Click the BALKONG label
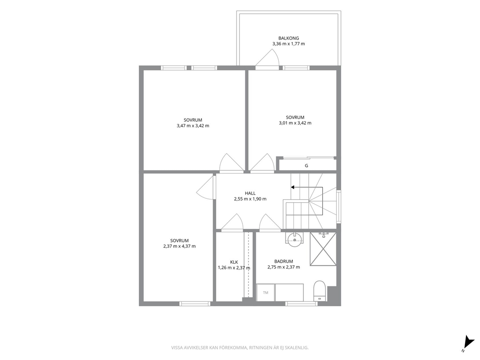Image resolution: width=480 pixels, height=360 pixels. (x=288, y=38)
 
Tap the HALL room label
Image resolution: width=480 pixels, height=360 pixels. (x=250, y=193)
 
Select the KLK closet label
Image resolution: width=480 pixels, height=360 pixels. (x=234, y=262)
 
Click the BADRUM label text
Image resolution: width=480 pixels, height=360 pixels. (x=284, y=261)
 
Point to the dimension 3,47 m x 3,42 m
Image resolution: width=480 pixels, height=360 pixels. (x=193, y=125)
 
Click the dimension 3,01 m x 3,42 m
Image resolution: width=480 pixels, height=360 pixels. (x=295, y=123)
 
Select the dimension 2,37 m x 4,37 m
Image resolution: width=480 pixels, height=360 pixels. (x=180, y=246)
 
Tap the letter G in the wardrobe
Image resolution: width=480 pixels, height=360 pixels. (x=306, y=165)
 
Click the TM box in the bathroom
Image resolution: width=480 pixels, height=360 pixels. (x=266, y=293)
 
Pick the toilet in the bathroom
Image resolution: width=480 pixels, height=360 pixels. (x=319, y=291)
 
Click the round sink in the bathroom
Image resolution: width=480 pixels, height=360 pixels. (x=294, y=238)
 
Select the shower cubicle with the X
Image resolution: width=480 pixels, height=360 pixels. (x=323, y=249)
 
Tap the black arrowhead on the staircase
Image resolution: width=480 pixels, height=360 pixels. (x=293, y=187)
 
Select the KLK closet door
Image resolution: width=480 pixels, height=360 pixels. (x=232, y=222)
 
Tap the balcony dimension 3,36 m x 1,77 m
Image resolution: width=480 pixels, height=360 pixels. (x=289, y=44)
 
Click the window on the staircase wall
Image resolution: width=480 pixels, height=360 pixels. (x=339, y=207)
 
